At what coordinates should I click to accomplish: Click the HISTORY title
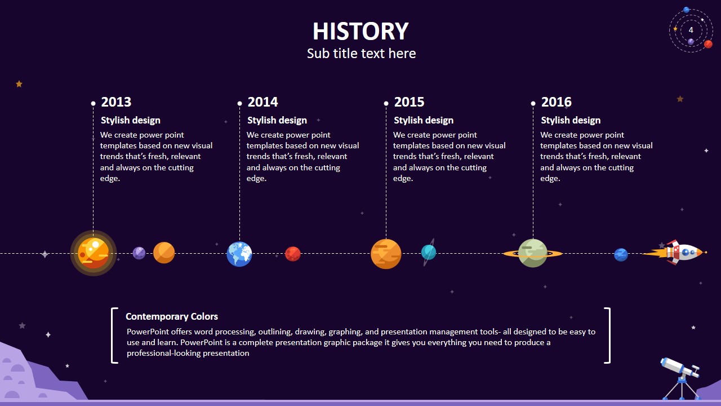click(360, 32)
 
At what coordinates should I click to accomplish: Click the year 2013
click(116, 102)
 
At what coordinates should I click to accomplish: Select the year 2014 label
click(262, 102)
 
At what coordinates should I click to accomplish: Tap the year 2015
click(409, 102)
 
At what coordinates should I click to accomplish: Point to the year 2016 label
click(556, 102)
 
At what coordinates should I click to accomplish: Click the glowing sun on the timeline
click(94, 253)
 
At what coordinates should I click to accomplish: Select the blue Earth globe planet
click(239, 254)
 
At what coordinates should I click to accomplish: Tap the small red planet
click(292, 254)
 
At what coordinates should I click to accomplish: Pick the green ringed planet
click(532, 253)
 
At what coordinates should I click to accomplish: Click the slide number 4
click(691, 30)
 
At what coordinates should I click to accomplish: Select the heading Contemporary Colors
click(172, 316)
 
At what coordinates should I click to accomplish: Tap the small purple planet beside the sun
click(139, 253)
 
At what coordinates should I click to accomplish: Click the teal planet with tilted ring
click(429, 252)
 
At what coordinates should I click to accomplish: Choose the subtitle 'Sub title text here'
click(361, 54)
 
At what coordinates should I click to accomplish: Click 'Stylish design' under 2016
click(571, 120)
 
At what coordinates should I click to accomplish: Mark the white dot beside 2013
click(94, 103)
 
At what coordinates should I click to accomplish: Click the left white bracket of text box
click(114, 335)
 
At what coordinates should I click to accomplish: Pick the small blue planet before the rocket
click(621, 254)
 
